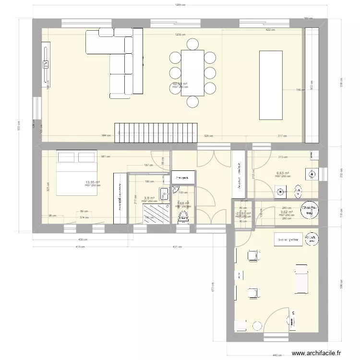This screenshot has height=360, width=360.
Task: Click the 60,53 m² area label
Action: coord(180,84)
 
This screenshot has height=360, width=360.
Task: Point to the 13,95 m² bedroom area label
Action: coord(93,182)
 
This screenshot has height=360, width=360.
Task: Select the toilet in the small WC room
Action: coord(183,218)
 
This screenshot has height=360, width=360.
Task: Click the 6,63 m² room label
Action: coord(283,173)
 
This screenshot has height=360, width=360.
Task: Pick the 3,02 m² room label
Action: coord(287,212)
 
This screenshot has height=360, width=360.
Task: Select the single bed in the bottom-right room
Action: coord(301,279)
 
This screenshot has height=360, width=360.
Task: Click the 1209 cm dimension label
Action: coord(180,35)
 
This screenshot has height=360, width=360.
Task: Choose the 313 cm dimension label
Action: coord(283,156)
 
